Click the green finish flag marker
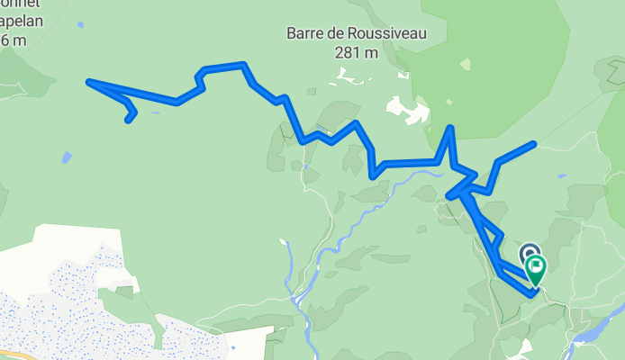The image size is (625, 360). pyautogui.click(x=538, y=267)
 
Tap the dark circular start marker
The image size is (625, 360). pyautogui.click(x=530, y=255)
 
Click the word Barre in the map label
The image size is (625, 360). pyautogui.click(x=305, y=33)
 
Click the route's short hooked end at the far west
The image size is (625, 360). pyautogui.click(x=129, y=119)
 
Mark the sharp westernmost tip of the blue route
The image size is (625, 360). pyautogui.click(x=89, y=82)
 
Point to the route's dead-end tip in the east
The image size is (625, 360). pyautogui.click(x=534, y=144)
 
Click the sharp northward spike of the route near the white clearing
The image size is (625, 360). pyautogui.click(x=450, y=128)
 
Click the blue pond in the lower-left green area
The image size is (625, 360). pyautogui.click(x=66, y=157)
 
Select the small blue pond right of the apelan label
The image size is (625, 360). pyautogui.click(x=80, y=25)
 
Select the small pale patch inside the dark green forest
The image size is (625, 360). pyautogui.click(x=465, y=65)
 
